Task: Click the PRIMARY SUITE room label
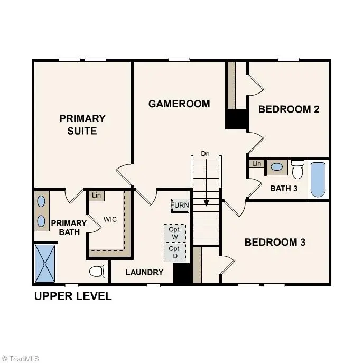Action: tap(82, 124)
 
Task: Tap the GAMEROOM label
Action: tap(179, 104)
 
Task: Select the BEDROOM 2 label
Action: tap(288, 109)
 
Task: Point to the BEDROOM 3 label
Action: tap(275, 243)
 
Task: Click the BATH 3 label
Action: tap(284, 188)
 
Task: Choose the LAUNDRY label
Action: tap(144, 272)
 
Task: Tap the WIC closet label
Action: tap(110, 219)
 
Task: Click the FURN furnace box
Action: tap(179, 206)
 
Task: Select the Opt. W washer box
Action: tap(174, 233)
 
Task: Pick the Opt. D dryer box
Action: tap(174, 252)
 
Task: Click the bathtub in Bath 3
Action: tap(318, 180)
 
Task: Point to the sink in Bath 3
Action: tap(276, 168)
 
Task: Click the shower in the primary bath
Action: tap(45, 263)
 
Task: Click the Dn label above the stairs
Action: tap(206, 154)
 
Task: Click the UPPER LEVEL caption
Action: tap(73, 296)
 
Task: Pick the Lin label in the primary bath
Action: tap(96, 196)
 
